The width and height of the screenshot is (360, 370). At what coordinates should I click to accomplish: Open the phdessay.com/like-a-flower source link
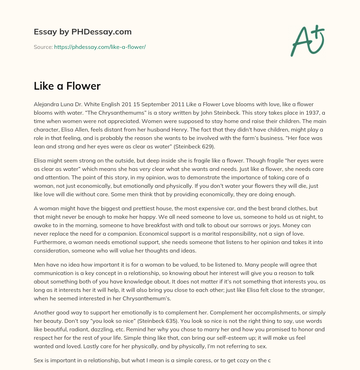coord(100,47)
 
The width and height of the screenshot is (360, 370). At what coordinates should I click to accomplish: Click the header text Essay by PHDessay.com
coord(83,32)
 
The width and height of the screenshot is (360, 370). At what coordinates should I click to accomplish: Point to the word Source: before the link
coord(43,47)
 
